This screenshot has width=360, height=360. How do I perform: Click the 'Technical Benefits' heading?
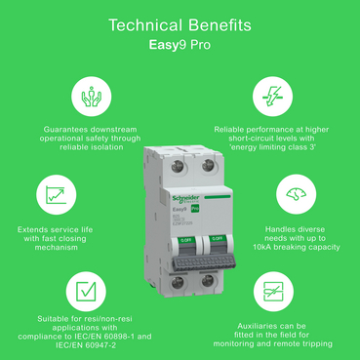(180, 22)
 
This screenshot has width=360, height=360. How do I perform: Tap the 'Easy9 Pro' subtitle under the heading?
(180, 44)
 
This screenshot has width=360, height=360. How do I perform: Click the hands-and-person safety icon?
(94, 97)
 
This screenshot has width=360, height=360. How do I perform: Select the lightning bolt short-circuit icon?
(267, 97)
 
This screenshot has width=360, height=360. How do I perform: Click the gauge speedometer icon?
(292, 194)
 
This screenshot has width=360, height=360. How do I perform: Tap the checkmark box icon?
(87, 290)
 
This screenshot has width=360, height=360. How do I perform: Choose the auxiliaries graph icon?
(267, 291)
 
